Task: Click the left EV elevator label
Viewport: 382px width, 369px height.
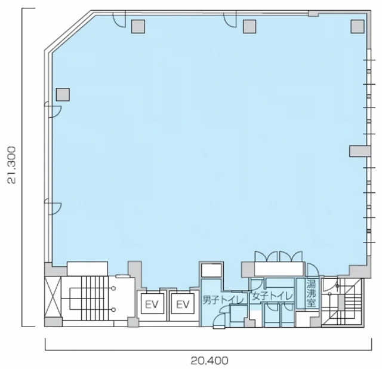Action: [x=152, y=304]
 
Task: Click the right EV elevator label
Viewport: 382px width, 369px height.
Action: [x=183, y=304]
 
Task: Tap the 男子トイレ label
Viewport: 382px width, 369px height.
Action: [x=224, y=300]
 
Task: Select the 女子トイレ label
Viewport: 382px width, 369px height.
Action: [x=272, y=296]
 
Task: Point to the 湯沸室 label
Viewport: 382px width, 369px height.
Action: [x=312, y=293]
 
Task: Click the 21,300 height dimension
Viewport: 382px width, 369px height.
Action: [x=11, y=165]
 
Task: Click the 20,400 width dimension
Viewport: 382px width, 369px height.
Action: [x=210, y=361]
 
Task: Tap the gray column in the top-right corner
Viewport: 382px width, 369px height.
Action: [x=358, y=26]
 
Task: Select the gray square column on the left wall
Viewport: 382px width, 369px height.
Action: [x=63, y=94]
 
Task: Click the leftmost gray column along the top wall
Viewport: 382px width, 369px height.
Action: [x=138, y=26]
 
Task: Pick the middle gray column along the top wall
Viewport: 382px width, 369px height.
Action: [x=249, y=26]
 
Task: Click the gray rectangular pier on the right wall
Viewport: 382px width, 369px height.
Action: [x=360, y=151]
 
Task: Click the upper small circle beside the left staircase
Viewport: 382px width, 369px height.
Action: [x=113, y=288]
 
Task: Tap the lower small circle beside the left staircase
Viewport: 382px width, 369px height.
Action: [x=113, y=310]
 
